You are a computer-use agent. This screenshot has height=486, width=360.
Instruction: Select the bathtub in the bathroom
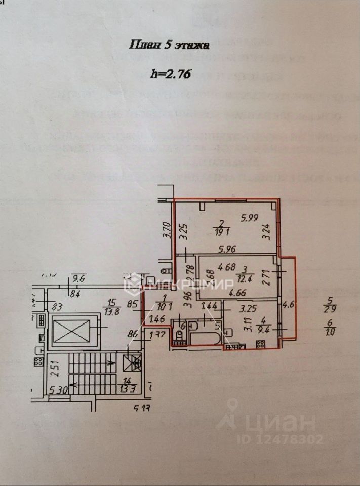(204, 338)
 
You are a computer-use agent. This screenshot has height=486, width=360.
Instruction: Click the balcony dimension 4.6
(288, 305)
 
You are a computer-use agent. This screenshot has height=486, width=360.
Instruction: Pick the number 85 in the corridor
(133, 305)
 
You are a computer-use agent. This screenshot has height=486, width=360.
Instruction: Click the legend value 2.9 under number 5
(331, 309)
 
